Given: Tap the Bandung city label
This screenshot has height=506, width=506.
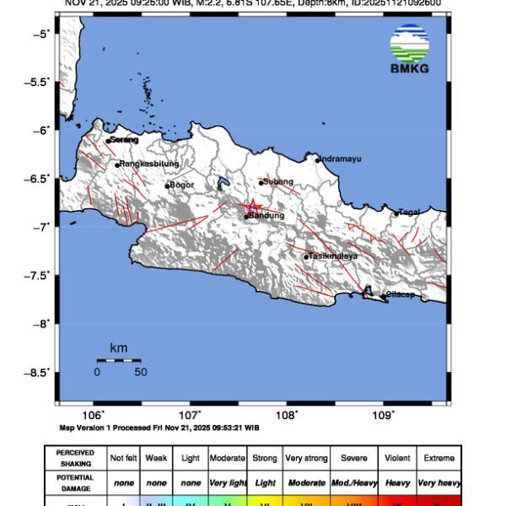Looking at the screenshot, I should click(x=266, y=216).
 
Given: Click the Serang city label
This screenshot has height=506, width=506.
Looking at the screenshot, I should click(x=123, y=140).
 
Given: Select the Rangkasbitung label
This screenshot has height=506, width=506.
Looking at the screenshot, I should click(x=148, y=164).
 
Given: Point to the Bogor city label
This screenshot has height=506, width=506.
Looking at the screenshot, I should click(x=182, y=185).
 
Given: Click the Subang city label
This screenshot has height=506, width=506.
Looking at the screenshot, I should click(x=278, y=181).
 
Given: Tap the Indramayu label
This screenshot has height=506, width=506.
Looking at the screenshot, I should click(x=343, y=159).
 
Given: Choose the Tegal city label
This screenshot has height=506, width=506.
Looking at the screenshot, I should click(x=409, y=212).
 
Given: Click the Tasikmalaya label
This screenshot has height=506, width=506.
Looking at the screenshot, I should click(x=333, y=256).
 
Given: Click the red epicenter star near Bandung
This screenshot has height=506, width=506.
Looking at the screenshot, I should click(x=252, y=207).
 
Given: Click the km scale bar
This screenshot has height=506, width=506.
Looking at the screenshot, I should click(x=118, y=360).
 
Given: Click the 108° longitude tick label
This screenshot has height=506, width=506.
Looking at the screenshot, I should click(x=287, y=415).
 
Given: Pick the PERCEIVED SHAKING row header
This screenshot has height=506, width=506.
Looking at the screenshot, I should click(x=75, y=458).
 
